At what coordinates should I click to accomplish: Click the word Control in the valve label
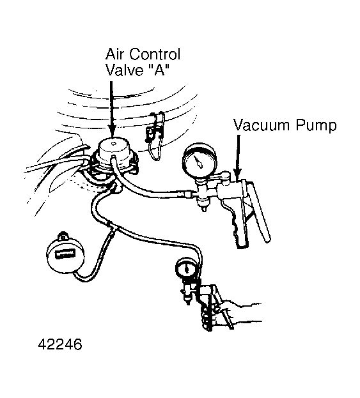click(x=152, y=54)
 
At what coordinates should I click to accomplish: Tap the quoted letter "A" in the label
click(x=158, y=69)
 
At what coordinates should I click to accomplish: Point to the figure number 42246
click(x=60, y=344)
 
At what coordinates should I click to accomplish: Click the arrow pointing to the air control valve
click(x=111, y=110)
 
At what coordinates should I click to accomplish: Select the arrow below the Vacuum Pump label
click(x=238, y=158)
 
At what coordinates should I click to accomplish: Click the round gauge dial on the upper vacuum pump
click(x=199, y=160)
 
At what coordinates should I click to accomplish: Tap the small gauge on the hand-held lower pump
click(x=187, y=268)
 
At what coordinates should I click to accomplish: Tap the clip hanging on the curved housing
click(x=155, y=135)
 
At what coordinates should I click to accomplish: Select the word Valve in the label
click(x=125, y=69)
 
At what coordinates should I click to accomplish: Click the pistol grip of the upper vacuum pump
click(x=237, y=224)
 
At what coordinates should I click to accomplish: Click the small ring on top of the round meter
click(x=62, y=236)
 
